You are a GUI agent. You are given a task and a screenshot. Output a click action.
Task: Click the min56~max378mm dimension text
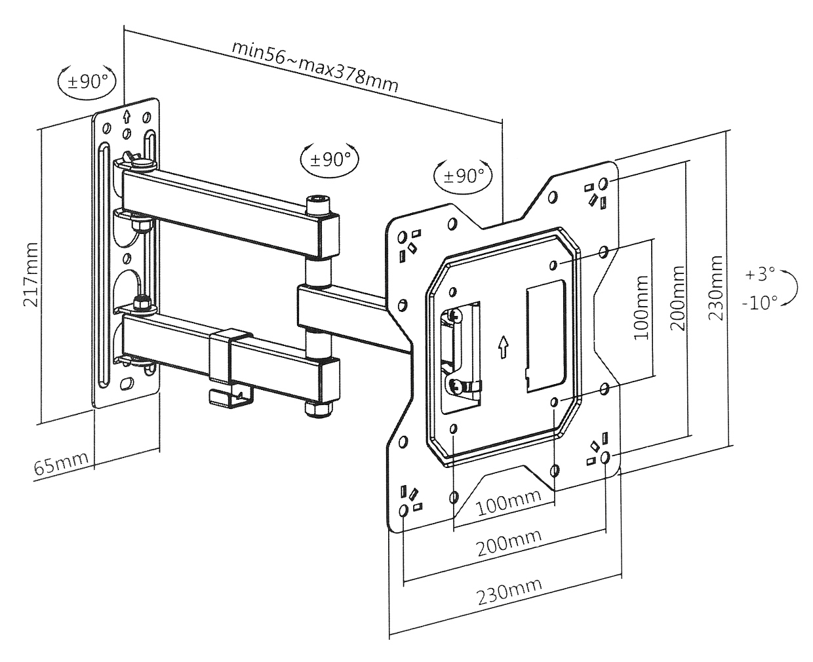pyautogui.click(x=315, y=68)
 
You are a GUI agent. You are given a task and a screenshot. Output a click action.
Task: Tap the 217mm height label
pyautogui.click(x=31, y=275)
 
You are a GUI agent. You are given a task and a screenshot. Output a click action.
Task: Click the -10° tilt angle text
pyautogui.click(x=759, y=303)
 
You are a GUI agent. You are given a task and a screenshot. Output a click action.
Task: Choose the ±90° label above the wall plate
pyautogui.click(x=87, y=81)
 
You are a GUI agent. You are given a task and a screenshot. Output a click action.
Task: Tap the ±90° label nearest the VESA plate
pyautogui.click(x=464, y=175)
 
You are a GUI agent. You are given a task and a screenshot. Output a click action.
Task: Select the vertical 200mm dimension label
pyautogui.click(x=678, y=298)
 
